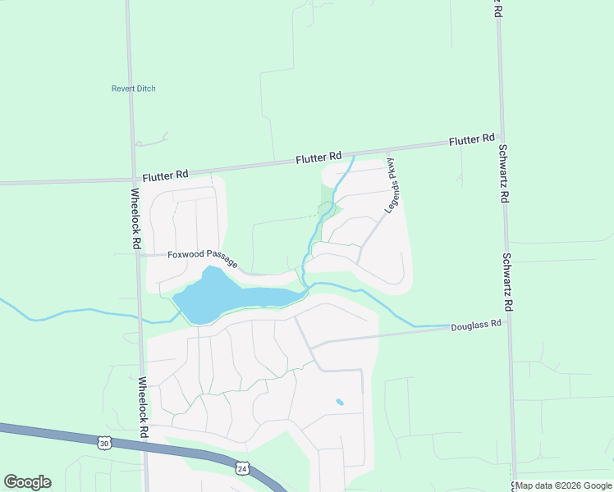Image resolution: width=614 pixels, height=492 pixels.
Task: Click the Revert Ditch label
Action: tap(133, 89)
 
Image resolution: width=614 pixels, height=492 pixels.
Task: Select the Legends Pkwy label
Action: tap(394, 186)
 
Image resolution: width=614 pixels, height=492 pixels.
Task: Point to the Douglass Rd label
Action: tap(475, 326)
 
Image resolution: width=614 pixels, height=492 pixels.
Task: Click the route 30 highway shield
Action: tap(103, 443)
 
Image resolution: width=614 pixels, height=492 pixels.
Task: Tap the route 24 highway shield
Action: tap(241, 468)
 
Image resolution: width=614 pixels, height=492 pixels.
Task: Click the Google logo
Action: tap(27, 482)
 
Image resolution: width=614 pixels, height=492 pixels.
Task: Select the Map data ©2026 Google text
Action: tap(563, 485)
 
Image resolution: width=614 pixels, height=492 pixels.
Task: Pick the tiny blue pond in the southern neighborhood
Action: tap(340, 402)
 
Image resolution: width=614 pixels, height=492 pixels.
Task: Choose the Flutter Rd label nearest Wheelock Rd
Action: tap(165, 175)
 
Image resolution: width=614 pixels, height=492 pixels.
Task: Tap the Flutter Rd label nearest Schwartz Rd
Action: tap(472, 140)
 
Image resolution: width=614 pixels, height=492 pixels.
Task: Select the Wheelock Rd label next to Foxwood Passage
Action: tap(136, 220)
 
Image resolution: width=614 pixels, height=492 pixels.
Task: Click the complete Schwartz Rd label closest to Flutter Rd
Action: tap(503, 174)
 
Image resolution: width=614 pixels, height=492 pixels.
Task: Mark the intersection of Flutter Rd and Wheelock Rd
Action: tap(133, 180)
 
